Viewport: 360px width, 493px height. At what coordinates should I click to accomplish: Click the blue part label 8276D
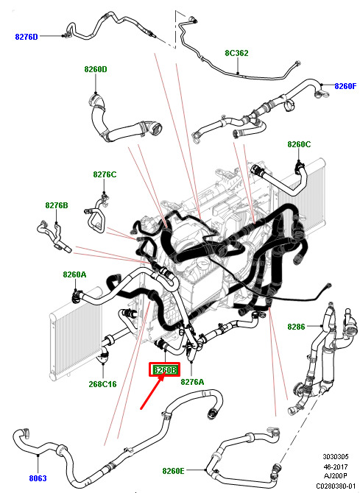click(x=27, y=37)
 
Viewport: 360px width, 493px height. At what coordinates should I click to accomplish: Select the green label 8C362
click(x=236, y=53)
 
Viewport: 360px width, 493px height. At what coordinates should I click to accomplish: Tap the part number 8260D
click(x=96, y=69)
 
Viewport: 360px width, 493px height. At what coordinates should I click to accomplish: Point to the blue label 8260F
click(x=345, y=86)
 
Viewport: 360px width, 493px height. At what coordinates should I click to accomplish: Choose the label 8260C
click(x=299, y=144)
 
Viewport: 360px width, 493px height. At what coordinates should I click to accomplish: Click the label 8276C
click(x=105, y=174)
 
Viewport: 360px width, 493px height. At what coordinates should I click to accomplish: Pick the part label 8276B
click(x=57, y=205)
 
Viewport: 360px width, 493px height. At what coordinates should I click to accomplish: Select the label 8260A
click(x=74, y=274)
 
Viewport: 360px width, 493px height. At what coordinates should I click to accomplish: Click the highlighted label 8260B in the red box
click(x=165, y=370)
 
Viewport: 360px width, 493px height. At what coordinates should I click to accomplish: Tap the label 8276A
click(x=192, y=382)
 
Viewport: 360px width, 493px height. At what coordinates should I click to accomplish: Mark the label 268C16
click(x=102, y=384)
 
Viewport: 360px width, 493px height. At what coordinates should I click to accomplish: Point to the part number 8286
click(x=296, y=327)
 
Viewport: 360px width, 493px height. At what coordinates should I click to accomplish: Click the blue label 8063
click(x=38, y=478)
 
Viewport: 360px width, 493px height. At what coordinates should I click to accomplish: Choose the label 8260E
click(x=174, y=471)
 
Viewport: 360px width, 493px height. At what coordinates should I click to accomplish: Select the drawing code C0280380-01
click(x=336, y=486)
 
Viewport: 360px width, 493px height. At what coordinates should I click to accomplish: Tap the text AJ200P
click(x=336, y=476)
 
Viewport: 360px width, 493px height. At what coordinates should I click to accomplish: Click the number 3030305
click(x=336, y=456)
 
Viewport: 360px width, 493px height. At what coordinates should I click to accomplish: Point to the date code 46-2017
click(x=336, y=467)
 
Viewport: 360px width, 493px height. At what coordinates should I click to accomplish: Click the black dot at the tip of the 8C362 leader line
click(x=238, y=74)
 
